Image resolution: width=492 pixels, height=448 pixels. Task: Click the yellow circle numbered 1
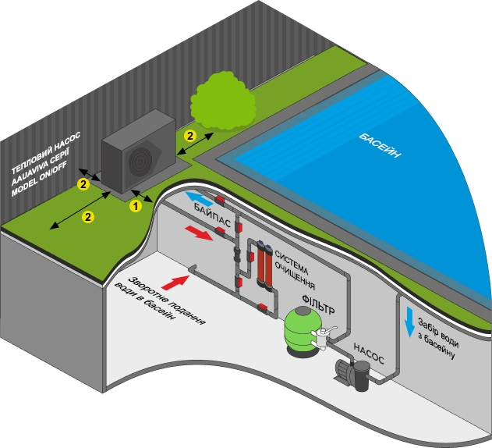tap(135, 206)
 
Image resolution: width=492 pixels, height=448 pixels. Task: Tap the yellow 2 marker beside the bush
tap(189, 135)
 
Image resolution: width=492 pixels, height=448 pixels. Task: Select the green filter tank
tap(300, 332)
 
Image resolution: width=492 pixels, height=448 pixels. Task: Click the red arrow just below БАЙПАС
tap(198, 233)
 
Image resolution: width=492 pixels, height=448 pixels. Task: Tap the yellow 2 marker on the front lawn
tap(87, 216)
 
